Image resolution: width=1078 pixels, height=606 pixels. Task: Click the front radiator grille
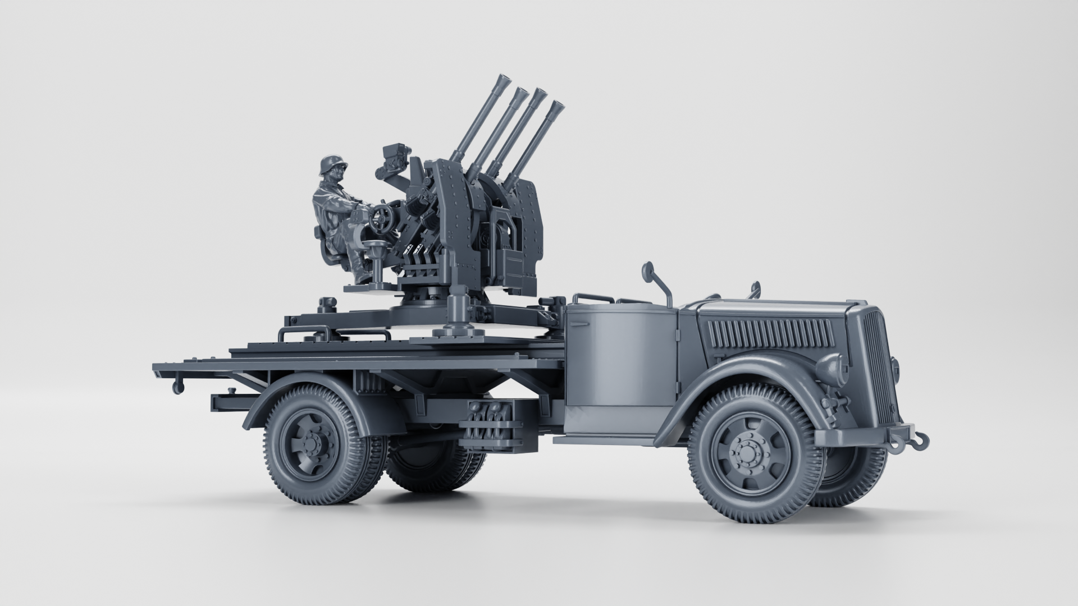pos(879,365)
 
